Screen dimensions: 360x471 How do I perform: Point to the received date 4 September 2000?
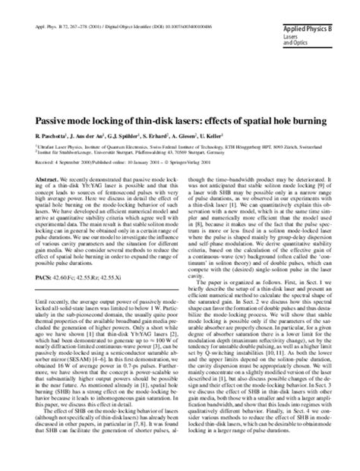coord(74,162)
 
